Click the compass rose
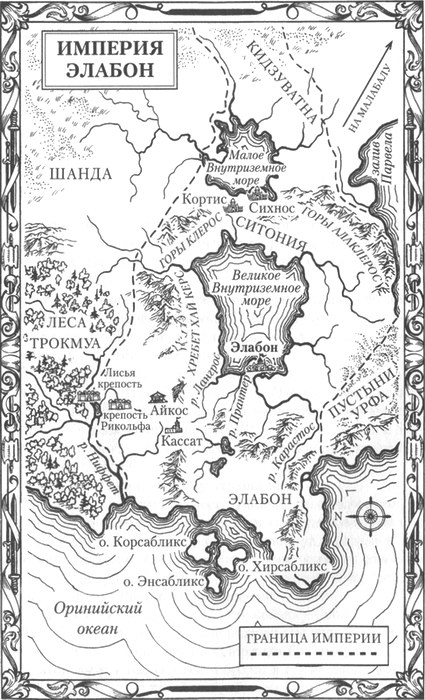[372, 515]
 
